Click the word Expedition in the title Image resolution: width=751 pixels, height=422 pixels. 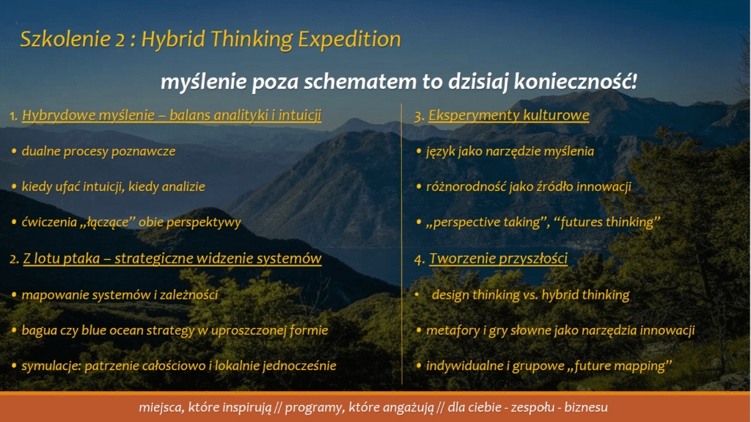pyautogui.click(x=349, y=40)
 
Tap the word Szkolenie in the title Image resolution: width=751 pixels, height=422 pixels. pyautogui.click(x=65, y=39)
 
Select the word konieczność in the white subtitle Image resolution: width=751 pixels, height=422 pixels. pyautogui.click(x=575, y=81)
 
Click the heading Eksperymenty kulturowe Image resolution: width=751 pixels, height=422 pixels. pyautogui.click(x=509, y=115)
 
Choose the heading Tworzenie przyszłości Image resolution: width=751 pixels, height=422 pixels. pyautogui.click(x=498, y=258)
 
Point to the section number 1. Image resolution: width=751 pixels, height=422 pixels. pyautogui.click(x=14, y=115)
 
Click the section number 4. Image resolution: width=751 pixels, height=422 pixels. pyautogui.click(x=419, y=259)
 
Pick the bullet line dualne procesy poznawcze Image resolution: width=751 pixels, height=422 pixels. pyautogui.click(x=99, y=151)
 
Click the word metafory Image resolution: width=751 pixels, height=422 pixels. pyautogui.click(x=453, y=330)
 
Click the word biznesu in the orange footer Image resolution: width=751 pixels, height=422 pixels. pyautogui.click(x=586, y=407)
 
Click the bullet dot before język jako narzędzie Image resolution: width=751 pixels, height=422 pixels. pyautogui.click(x=419, y=151)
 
